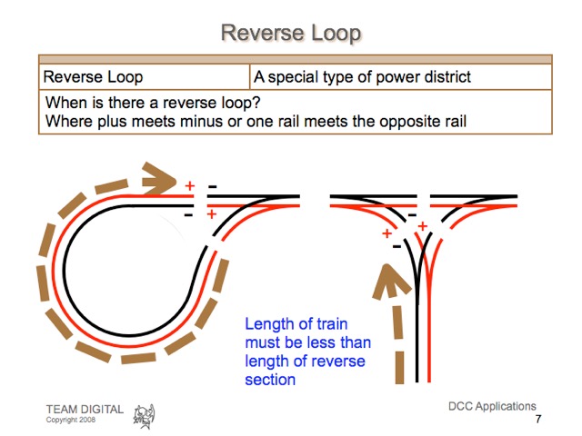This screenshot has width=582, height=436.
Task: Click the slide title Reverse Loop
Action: point(291,34)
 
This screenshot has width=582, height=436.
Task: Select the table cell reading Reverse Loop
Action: point(93,77)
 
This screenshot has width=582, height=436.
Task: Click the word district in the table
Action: point(445,77)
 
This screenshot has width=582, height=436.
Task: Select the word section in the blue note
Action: point(270,379)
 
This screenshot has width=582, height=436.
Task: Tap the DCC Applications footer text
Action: point(492,406)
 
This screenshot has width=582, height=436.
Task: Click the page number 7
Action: point(538,420)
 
